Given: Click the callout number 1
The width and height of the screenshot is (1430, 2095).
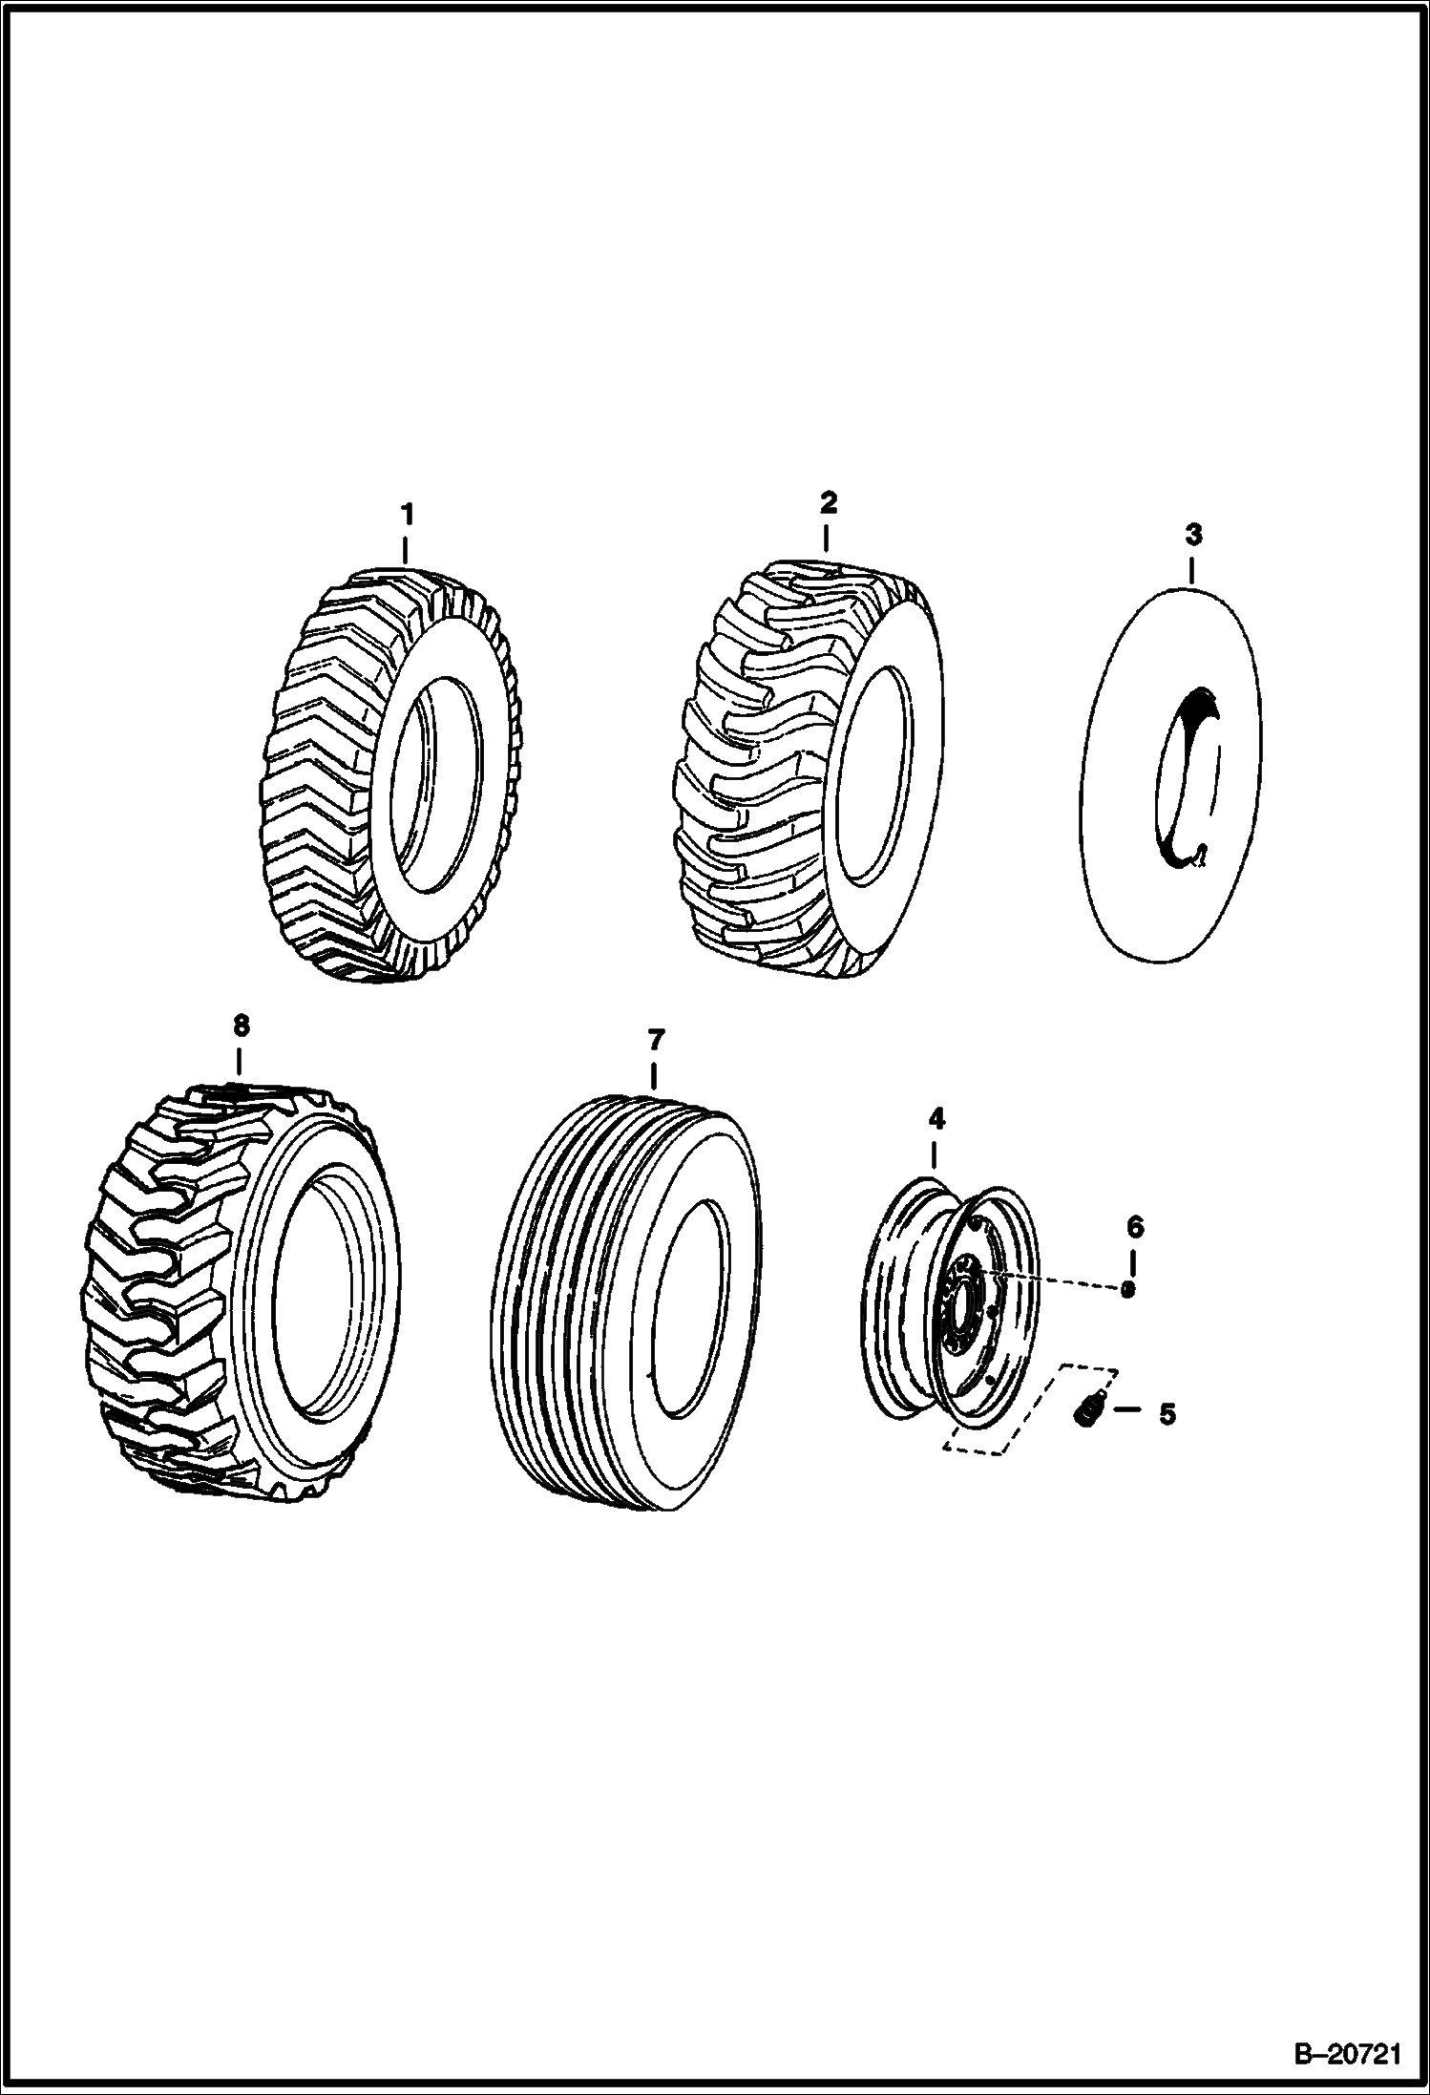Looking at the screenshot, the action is click(x=407, y=515).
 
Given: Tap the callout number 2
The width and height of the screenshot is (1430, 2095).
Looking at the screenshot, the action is click(x=827, y=502).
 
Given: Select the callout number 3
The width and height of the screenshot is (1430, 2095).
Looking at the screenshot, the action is click(x=1193, y=535).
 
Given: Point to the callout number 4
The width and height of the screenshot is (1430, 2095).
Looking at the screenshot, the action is click(x=936, y=1117).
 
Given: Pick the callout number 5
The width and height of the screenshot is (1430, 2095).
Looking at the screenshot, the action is click(x=1167, y=1414).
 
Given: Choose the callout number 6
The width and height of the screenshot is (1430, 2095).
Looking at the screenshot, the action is click(x=1134, y=1226).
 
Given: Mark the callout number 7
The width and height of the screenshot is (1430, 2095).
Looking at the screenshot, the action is click(x=655, y=1039).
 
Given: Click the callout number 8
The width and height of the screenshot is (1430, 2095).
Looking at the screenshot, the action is click(x=240, y=1026).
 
